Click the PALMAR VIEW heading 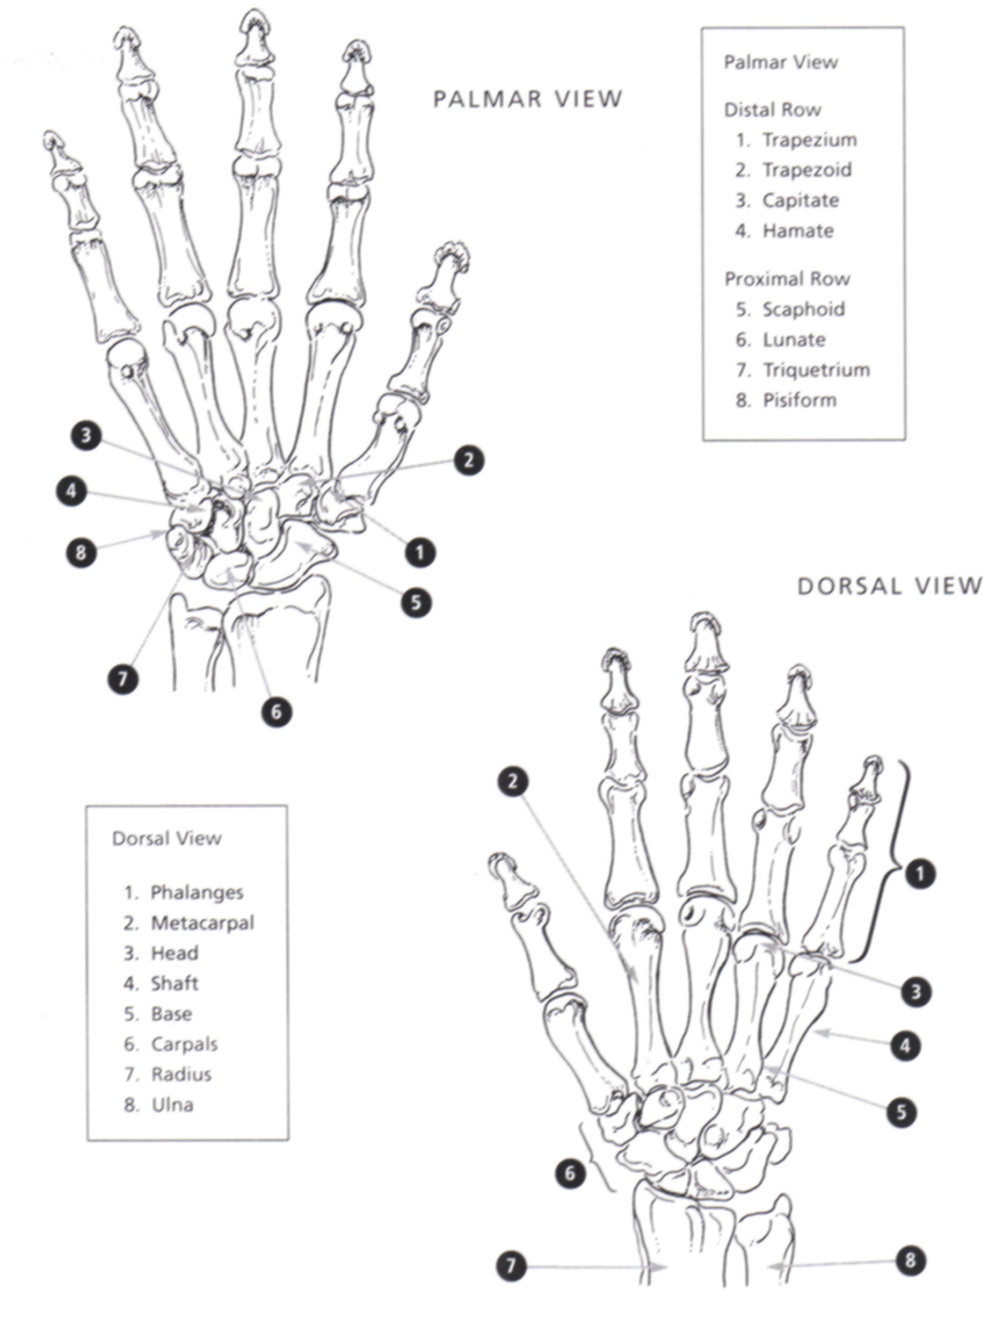pyautogui.click(x=528, y=98)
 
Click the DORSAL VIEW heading pyautogui.click(x=890, y=586)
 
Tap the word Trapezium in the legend pyautogui.click(x=810, y=140)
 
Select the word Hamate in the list pyautogui.click(x=798, y=230)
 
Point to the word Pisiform pyautogui.click(x=800, y=400)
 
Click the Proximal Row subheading pyautogui.click(x=787, y=278)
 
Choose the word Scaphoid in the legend pyautogui.click(x=804, y=309)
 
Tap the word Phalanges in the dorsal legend pyautogui.click(x=197, y=892)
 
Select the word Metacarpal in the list pyautogui.click(x=202, y=923)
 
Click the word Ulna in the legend pyautogui.click(x=172, y=1105)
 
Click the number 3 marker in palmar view pyautogui.click(x=86, y=436)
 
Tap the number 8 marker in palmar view pyautogui.click(x=81, y=551)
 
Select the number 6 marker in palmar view pyautogui.click(x=277, y=711)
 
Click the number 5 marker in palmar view pyautogui.click(x=416, y=602)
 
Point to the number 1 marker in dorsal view pyautogui.click(x=920, y=875)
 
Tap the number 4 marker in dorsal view pyautogui.click(x=905, y=1046)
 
